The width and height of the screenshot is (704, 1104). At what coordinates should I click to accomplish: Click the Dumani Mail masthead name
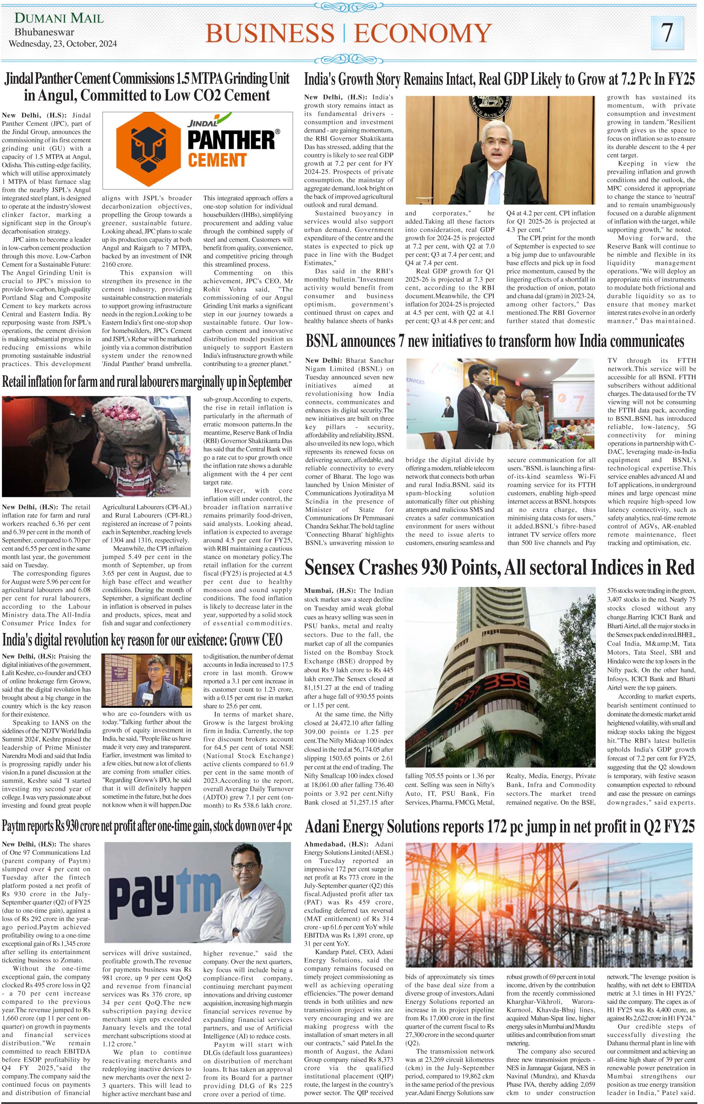pos(59,19)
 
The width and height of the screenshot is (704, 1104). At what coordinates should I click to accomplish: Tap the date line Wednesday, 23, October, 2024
pos(63,45)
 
